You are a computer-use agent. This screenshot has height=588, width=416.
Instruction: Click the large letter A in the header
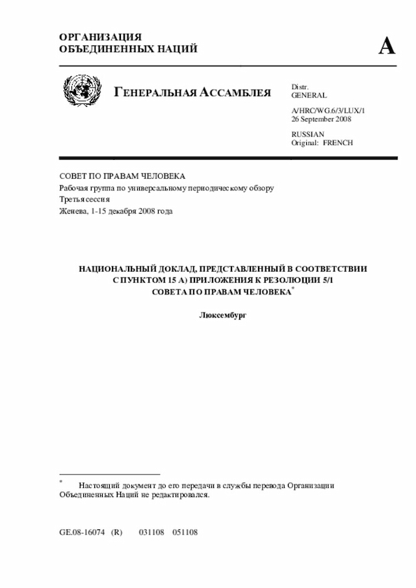tap(387, 46)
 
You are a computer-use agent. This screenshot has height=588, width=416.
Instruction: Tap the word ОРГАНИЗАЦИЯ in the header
tap(100, 37)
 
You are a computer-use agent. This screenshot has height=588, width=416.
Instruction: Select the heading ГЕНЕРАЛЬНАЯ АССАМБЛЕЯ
tap(192, 93)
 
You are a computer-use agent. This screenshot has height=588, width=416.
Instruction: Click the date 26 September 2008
tap(321, 120)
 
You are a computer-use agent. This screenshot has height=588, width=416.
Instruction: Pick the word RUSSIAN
tap(308, 134)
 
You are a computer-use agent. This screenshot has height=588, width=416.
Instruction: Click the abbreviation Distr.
tap(300, 86)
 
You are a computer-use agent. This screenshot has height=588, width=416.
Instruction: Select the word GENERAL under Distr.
tap(309, 95)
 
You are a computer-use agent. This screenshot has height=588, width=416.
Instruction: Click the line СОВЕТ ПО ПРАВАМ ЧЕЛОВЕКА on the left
tap(122, 176)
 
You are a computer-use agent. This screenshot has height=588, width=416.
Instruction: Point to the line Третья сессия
tap(85, 199)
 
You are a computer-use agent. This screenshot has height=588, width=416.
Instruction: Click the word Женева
tap(73, 211)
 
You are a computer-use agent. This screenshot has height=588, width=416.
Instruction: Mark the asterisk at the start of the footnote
tap(61, 483)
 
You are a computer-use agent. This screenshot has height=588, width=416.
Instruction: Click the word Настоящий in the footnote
tap(97, 485)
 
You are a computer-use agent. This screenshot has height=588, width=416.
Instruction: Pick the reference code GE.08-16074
tap(82, 531)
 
